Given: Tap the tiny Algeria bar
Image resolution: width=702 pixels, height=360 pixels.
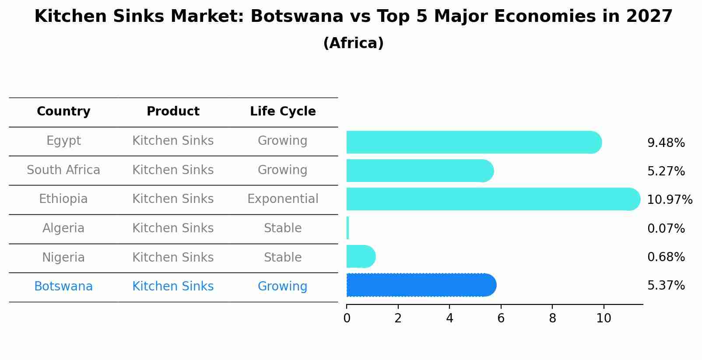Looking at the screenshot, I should coord(347,228).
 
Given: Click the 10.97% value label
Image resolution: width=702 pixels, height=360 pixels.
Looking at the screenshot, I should coord(669,200).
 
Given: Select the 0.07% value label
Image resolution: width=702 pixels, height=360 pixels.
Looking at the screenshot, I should coord(666,228).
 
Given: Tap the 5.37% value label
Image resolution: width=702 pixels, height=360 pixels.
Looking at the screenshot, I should coord(666,286).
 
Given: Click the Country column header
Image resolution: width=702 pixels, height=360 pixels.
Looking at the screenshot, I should coord(63,112).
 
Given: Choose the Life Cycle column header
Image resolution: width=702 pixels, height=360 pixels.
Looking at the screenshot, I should coord(283,112).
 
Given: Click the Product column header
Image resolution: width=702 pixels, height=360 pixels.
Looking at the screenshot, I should coord(173,112).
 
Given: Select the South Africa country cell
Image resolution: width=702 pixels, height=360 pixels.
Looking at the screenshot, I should coord(63,170).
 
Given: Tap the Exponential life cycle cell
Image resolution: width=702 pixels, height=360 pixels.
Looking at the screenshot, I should coord(283,199).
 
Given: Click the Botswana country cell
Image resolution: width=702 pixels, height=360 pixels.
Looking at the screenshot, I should coord(63,287).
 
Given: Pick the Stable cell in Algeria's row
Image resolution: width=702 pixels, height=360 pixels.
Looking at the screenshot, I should coord(283,228).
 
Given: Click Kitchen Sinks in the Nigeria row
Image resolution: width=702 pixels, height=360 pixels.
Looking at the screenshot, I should coord(173,257).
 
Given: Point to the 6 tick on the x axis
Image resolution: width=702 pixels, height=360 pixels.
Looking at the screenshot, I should coord(501,318).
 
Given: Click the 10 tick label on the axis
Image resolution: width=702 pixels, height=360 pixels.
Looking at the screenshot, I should coord(604,318).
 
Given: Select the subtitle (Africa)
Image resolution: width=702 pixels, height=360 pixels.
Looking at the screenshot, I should coord(353,43).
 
